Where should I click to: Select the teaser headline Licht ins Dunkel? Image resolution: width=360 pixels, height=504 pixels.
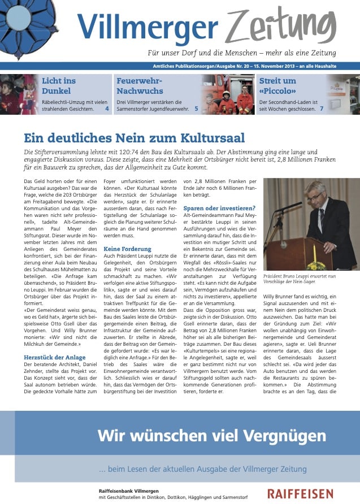click(x=59, y=86)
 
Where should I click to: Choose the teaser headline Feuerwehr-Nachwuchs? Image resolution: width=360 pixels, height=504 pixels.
click(x=140, y=86)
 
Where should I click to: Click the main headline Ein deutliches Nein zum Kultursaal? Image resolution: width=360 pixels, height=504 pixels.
click(x=135, y=138)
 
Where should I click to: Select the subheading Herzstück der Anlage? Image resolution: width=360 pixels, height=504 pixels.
click(x=54, y=357)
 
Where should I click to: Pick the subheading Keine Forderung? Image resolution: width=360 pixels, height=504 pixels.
click(x=128, y=249)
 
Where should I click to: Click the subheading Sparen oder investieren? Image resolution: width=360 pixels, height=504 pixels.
click(x=219, y=208)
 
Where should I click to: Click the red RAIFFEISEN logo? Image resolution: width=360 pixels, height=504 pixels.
click(x=300, y=494)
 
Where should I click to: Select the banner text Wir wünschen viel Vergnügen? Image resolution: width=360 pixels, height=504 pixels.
click(x=211, y=436)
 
